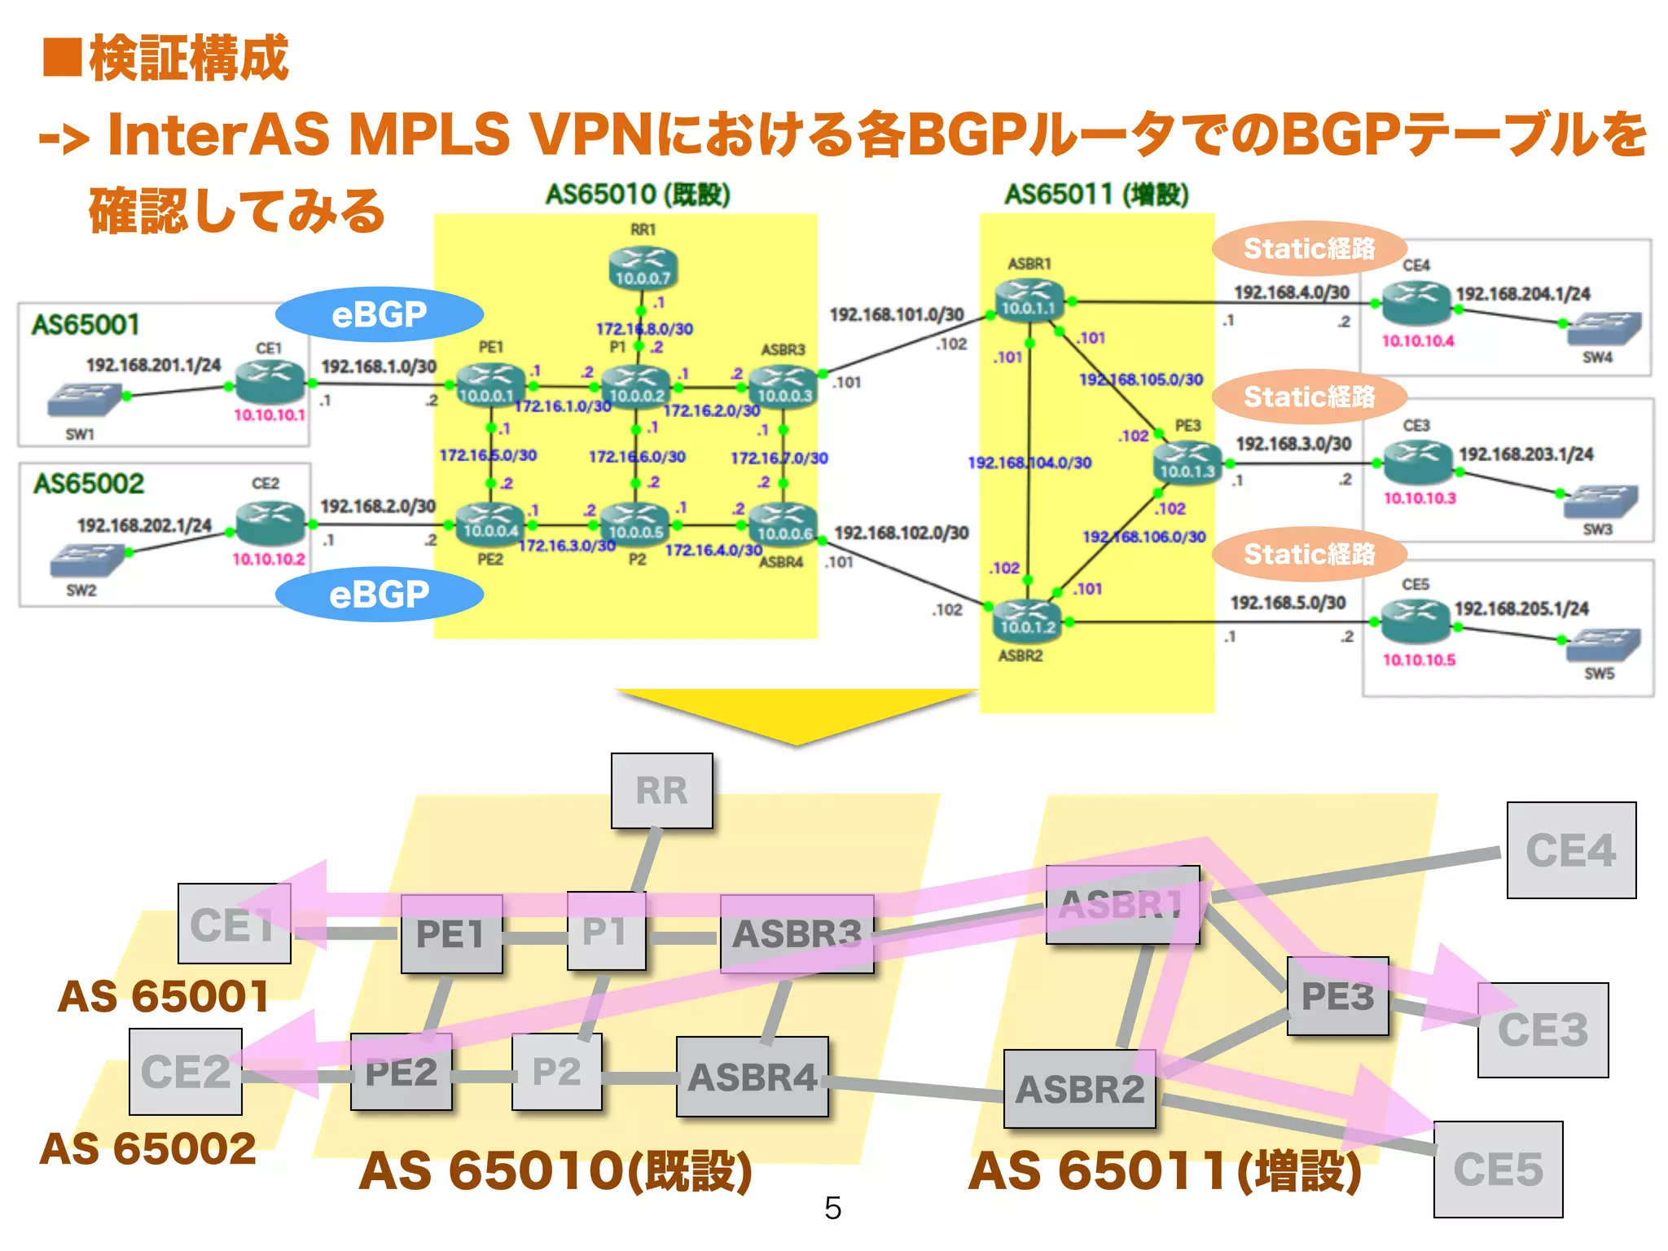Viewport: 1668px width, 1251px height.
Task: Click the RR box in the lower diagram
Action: (661, 791)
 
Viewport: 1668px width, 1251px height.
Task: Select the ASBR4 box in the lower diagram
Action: (752, 1077)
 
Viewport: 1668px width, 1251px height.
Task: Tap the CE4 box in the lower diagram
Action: (1570, 850)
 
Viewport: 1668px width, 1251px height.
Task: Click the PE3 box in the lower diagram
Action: (1337, 996)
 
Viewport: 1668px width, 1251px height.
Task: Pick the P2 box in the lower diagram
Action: (556, 1072)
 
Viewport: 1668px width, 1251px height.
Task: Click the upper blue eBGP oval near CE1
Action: (379, 314)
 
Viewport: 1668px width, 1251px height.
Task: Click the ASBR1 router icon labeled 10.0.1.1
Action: (1029, 300)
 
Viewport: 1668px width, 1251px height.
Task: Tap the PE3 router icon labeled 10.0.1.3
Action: (1187, 462)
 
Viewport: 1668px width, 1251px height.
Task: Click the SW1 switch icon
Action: (84, 400)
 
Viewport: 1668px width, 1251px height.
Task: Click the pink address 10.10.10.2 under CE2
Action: (268, 559)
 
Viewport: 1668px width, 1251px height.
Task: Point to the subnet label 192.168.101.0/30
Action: (896, 314)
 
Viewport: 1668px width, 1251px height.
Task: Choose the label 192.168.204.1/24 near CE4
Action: (1522, 294)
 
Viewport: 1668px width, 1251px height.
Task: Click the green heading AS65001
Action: (86, 325)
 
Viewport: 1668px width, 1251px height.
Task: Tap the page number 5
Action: (832, 1208)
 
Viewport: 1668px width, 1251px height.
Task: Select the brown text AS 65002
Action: (148, 1149)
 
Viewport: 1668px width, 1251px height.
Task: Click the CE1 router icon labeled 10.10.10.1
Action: (270, 381)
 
